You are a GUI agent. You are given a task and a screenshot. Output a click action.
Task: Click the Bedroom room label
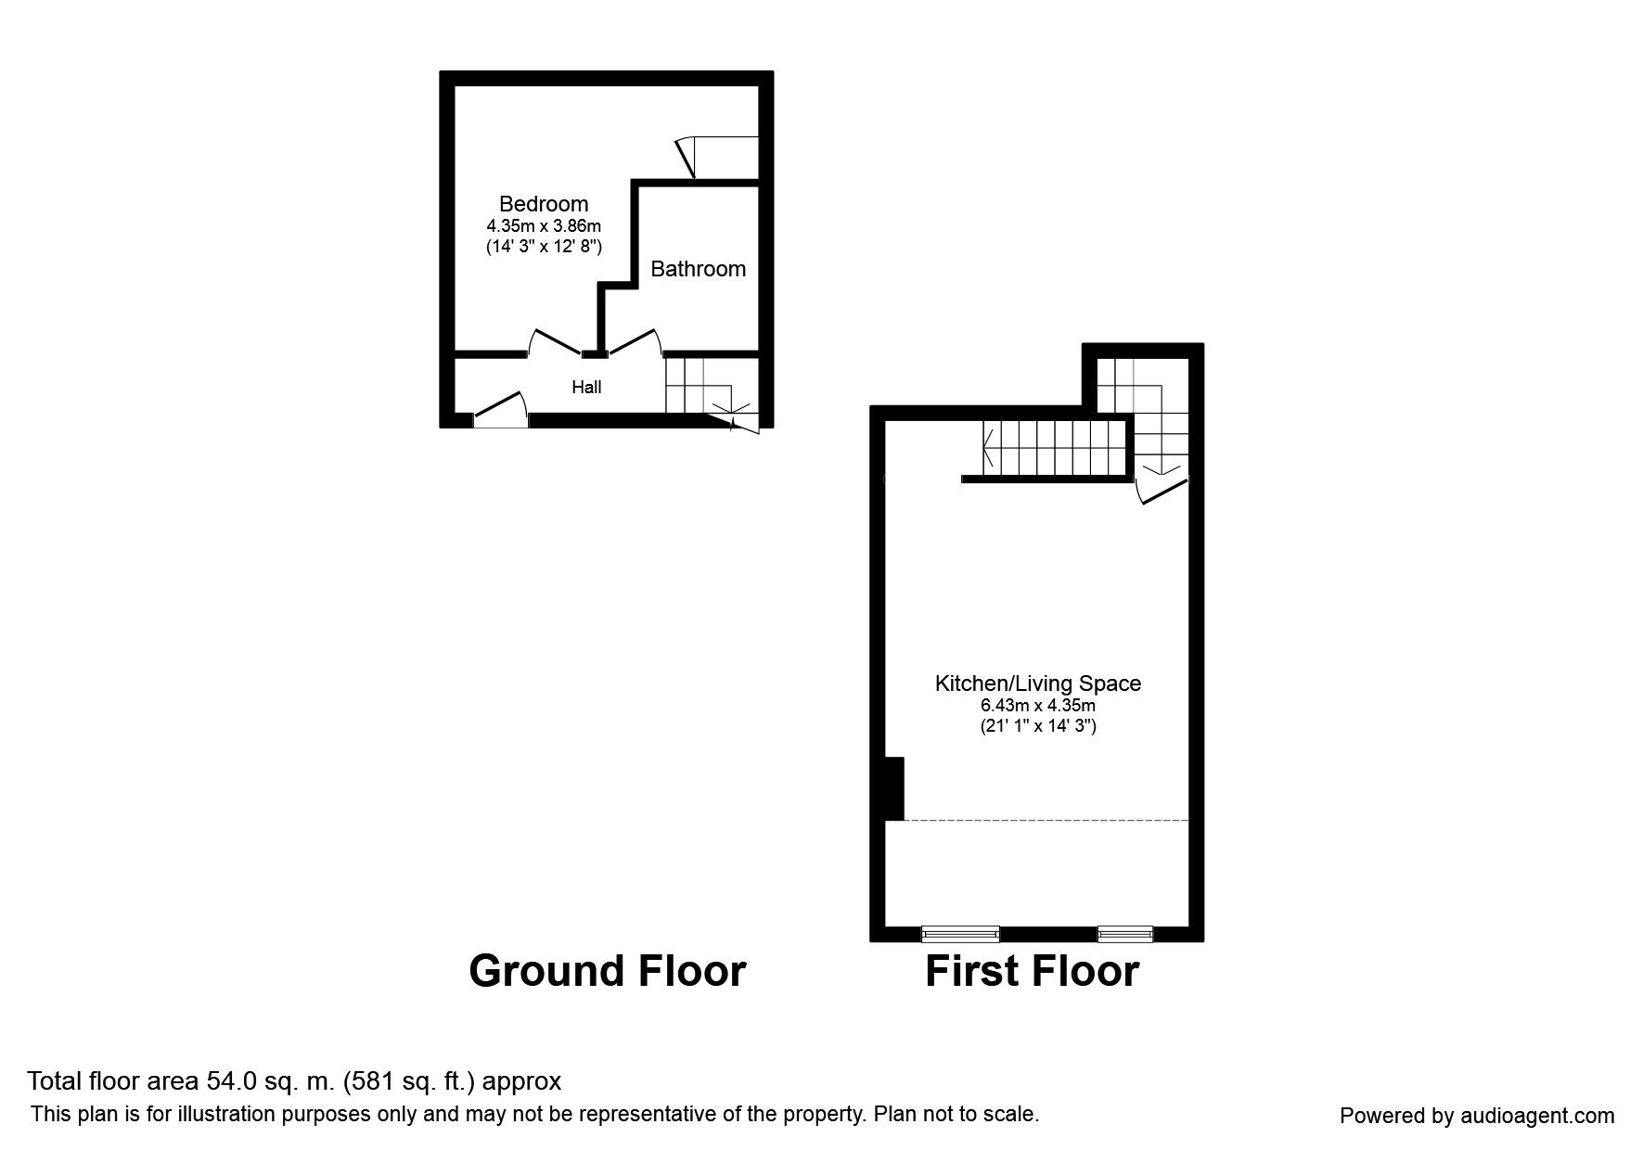544,204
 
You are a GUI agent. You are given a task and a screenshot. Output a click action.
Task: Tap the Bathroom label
698,269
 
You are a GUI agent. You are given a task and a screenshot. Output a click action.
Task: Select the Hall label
586,388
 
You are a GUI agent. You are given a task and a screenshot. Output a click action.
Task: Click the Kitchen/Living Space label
1038,684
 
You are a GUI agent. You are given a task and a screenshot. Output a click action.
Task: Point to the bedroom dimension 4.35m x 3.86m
544,226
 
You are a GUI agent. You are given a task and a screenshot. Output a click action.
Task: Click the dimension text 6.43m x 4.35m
1038,706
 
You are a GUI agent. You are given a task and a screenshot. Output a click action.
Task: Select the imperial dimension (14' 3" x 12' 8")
544,248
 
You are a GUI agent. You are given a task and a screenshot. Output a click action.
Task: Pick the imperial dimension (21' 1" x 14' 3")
1038,727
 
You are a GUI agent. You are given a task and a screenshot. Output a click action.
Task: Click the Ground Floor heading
608,971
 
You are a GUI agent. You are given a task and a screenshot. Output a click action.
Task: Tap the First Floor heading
1032,971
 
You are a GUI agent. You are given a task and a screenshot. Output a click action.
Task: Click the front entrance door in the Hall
501,410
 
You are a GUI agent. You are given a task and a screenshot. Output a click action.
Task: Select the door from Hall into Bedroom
555,341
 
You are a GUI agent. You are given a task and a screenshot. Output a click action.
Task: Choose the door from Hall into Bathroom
635,341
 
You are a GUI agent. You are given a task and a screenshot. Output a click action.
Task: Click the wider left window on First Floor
960,933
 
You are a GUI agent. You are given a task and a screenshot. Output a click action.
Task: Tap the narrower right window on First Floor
1125,933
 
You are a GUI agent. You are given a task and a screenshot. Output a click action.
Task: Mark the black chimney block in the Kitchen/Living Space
894,788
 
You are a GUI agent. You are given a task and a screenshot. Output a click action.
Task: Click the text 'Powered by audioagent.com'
1477,1116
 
